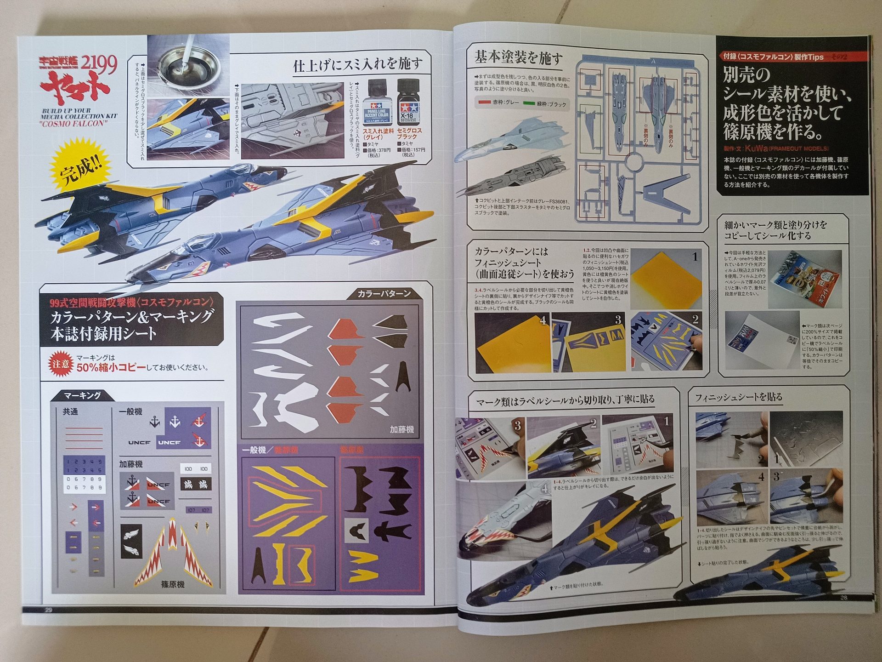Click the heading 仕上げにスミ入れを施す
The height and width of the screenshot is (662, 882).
tap(357, 64)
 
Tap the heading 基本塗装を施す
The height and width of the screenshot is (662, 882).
tap(518, 58)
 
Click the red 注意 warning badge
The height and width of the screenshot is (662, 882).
tap(62, 363)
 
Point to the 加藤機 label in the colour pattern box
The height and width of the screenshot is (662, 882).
tap(401, 429)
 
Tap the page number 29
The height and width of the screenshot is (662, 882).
tap(48, 610)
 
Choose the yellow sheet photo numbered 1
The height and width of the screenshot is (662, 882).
tap(667, 279)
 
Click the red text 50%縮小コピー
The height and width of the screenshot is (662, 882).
tap(111, 368)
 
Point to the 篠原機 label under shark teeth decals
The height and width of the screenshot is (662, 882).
tap(173, 584)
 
